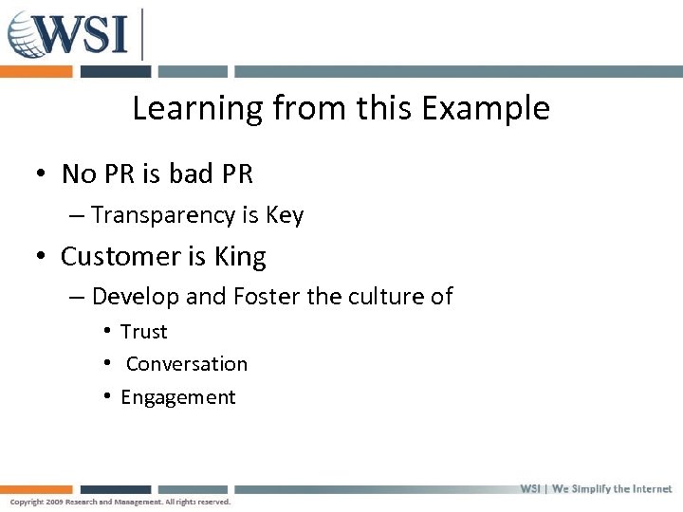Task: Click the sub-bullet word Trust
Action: (144, 332)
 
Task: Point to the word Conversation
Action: (187, 364)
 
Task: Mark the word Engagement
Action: (178, 397)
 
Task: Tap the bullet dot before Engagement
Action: (110, 396)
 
